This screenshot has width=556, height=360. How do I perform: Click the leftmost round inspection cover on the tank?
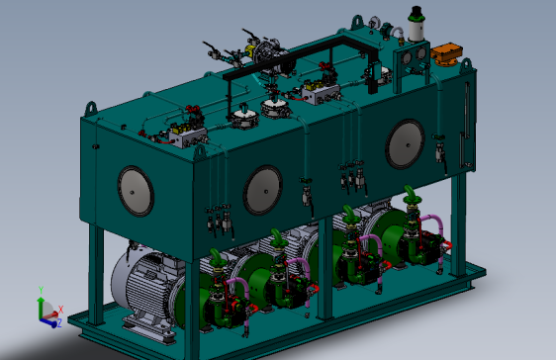point(136,191)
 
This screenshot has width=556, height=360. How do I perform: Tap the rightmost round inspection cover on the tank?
point(405,144)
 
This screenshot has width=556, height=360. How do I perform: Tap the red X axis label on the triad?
point(61,309)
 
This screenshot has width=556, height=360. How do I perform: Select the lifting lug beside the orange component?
point(466,65)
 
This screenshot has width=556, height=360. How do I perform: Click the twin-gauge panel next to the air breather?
point(408,61)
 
